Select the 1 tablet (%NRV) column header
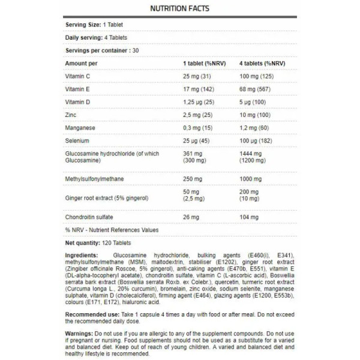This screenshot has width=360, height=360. click(203, 62)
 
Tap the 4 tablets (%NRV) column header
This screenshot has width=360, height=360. click(262, 62)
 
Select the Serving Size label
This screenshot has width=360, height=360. click(83, 25)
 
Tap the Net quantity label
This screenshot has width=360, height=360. click(84, 244)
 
